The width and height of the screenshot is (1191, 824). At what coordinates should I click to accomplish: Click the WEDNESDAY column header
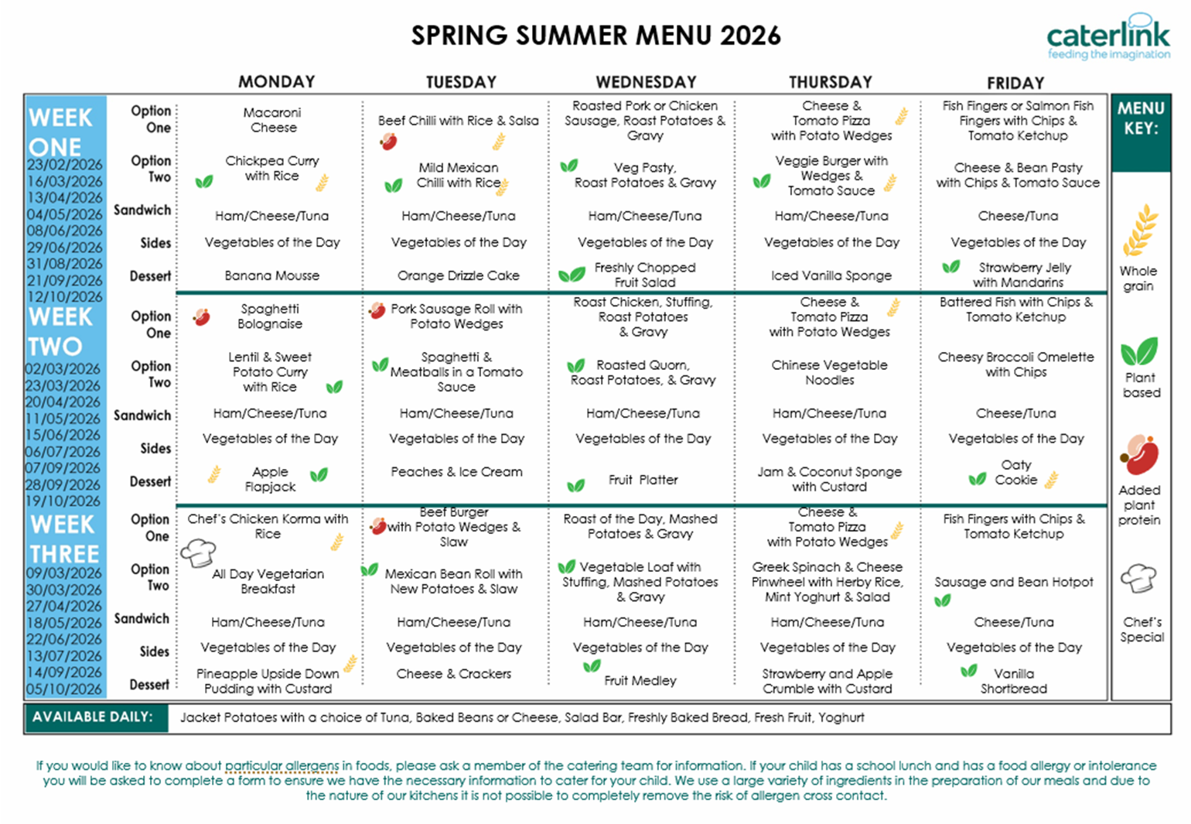click(646, 82)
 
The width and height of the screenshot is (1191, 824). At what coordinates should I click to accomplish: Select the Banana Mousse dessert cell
click(271, 275)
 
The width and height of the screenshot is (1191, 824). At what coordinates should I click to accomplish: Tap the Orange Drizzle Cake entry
click(458, 275)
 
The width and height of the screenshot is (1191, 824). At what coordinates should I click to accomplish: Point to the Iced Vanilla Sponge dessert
click(831, 275)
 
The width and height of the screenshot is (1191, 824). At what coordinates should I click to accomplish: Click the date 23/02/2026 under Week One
click(64, 165)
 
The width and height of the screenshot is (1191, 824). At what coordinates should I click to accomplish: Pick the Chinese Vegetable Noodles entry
click(829, 372)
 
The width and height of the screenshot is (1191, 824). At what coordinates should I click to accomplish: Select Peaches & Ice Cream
click(456, 472)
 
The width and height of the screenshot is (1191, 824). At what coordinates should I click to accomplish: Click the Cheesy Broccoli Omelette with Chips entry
click(1015, 364)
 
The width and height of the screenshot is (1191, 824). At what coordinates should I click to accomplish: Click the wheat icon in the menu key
click(1140, 230)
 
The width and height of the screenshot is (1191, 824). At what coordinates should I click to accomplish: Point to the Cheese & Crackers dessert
click(453, 674)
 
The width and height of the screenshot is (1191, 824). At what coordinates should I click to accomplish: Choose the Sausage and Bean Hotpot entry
click(1013, 582)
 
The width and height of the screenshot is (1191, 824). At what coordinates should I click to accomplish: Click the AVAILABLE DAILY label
click(92, 717)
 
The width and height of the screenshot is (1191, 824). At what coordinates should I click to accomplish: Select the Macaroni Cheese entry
click(272, 120)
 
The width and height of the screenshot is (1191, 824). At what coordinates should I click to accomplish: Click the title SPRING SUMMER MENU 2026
click(595, 36)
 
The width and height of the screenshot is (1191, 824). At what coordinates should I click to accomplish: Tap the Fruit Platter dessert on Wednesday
click(643, 480)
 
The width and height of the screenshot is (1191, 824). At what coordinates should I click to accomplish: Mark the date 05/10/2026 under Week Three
click(64, 689)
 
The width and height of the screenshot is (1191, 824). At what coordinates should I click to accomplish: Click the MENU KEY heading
click(1140, 118)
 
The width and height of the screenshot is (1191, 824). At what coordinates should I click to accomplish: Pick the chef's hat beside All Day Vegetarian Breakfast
click(197, 553)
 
